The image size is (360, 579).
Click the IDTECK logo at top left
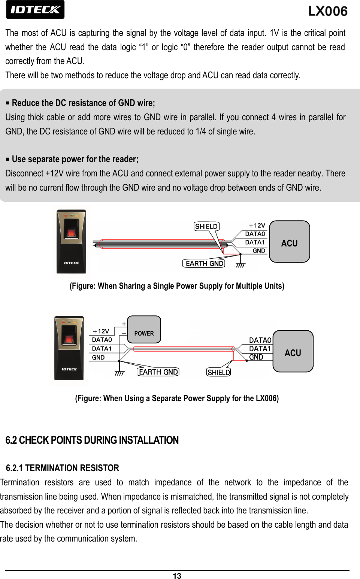pos(35,10)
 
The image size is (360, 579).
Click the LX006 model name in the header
pos(328,11)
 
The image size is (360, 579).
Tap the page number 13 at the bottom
pos(177,576)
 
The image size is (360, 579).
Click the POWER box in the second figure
pos(144,330)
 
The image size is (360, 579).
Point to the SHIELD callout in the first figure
pos(206,226)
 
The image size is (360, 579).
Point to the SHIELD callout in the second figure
pos(218,372)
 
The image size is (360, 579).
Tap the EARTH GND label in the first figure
pos(204,263)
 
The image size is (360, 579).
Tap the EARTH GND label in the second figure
pos(158,372)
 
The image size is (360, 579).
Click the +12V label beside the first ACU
pos(257,225)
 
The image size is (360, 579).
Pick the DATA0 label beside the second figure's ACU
pos(260,340)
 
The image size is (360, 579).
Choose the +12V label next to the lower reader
pos(101,331)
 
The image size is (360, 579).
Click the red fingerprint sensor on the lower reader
pos(69,340)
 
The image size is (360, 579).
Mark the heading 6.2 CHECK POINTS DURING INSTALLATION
pos(92,440)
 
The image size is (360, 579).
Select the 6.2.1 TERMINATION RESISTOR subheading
pos(63,468)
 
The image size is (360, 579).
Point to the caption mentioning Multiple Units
pos(177,286)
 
